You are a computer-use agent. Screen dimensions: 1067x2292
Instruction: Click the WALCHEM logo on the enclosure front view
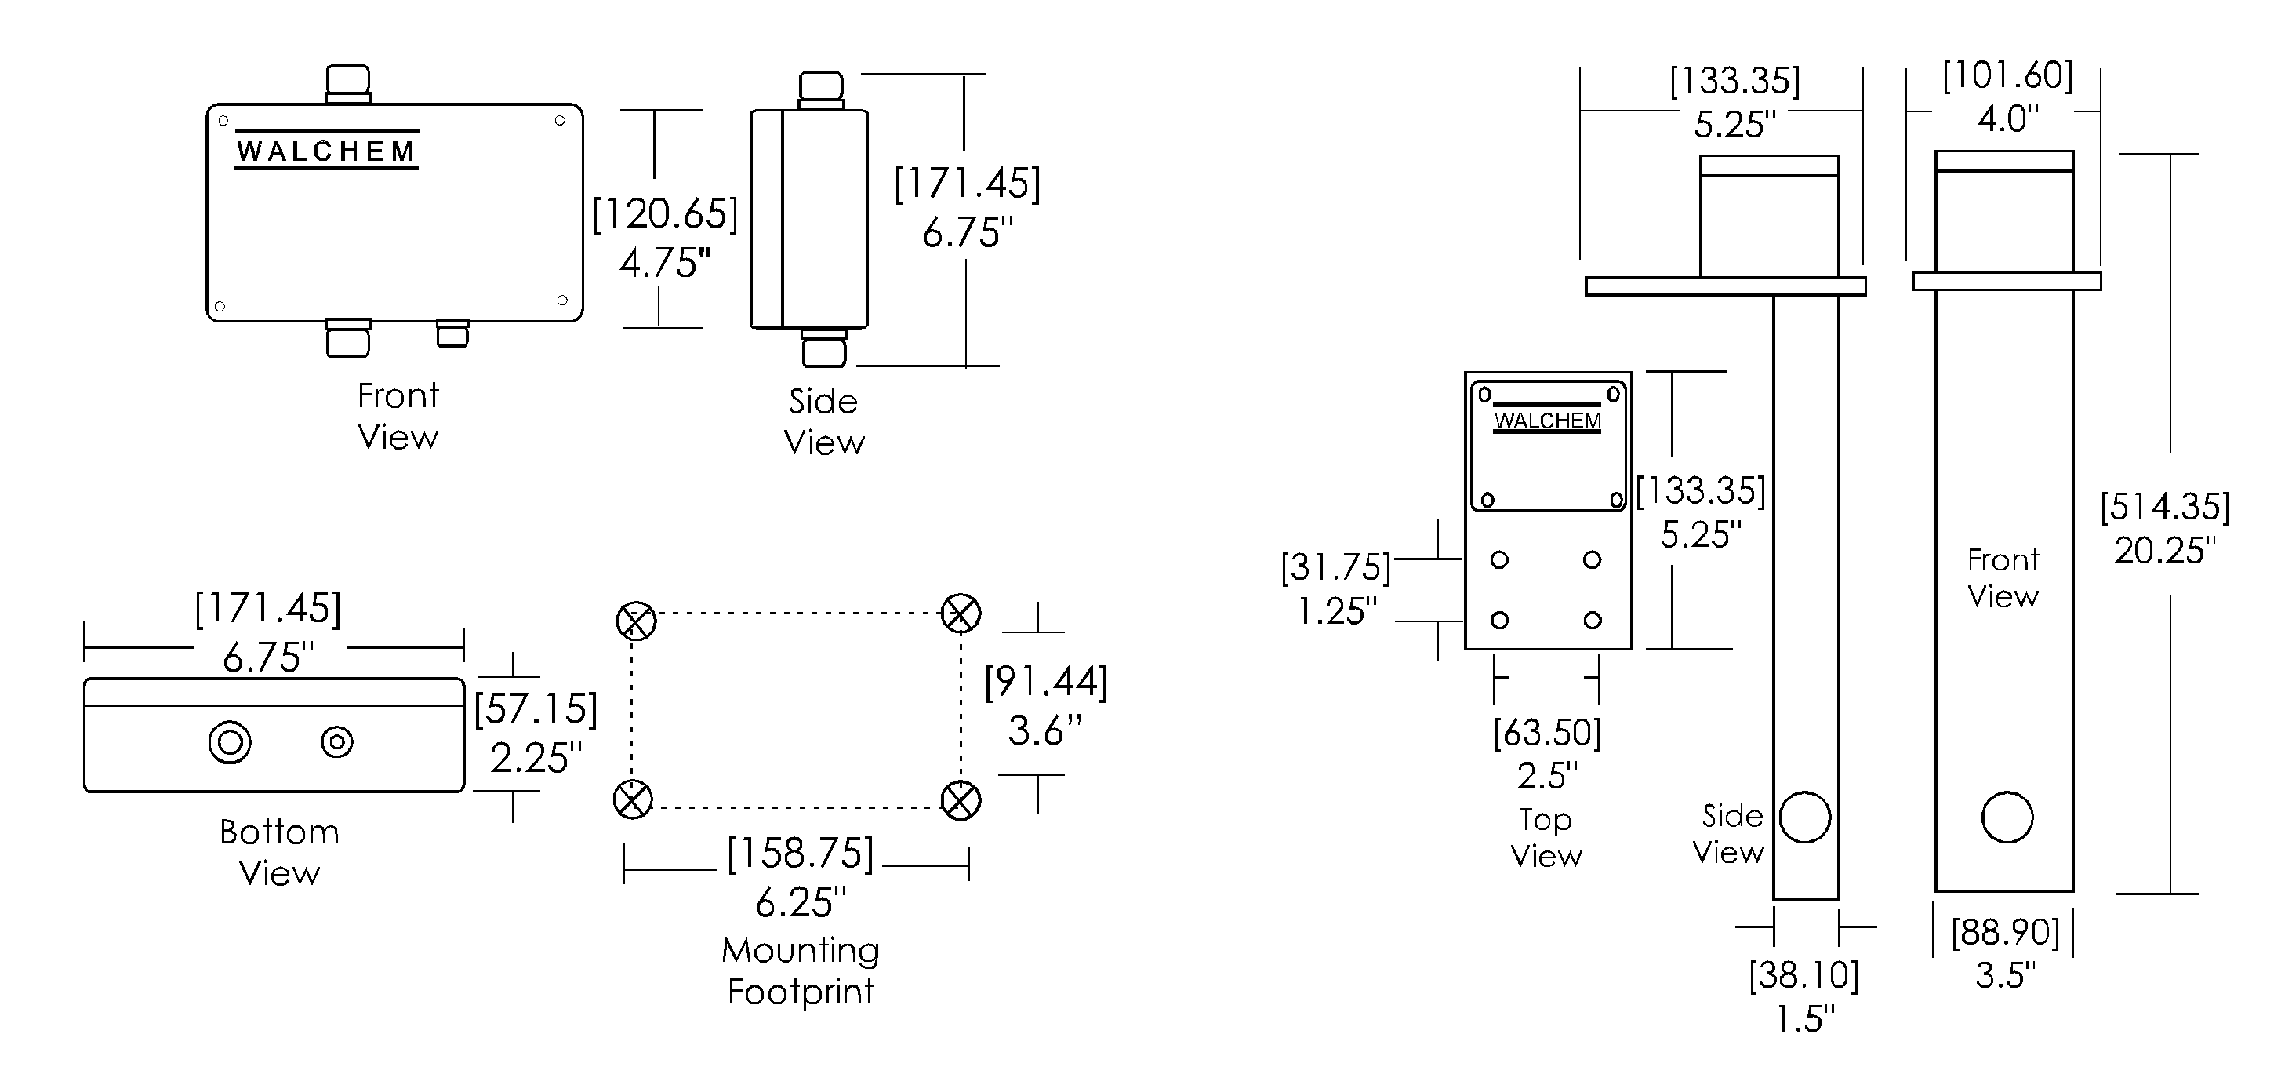(326, 151)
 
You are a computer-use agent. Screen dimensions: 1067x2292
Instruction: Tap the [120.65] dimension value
(666, 214)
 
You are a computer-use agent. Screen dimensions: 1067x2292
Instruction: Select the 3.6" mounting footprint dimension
(1044, 730)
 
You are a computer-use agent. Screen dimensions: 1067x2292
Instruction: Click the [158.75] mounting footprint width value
(800, 854)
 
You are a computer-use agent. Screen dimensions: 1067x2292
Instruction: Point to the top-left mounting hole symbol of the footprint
(636, 621)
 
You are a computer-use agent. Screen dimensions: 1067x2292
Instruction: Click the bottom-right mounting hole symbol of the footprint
(961, 800)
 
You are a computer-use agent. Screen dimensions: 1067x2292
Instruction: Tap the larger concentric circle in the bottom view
(230, 742)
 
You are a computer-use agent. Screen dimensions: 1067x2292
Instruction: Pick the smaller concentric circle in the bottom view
(337, 742)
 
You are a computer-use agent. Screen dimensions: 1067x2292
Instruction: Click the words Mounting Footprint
(800, 970)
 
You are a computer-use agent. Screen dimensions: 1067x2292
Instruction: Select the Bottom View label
(279, 853)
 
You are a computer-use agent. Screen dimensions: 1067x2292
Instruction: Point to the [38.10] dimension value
(1804, 975)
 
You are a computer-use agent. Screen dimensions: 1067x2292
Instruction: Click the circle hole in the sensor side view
(1804, 817)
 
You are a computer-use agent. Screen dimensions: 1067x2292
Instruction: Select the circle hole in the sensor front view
(2007, 817)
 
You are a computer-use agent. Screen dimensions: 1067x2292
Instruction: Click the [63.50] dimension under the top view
(1547, 734)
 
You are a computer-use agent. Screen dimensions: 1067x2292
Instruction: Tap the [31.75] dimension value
(1335, 568)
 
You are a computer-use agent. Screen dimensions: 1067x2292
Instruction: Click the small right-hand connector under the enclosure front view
(452, 333)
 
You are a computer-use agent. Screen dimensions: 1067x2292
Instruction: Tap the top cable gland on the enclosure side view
(820, 89)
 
